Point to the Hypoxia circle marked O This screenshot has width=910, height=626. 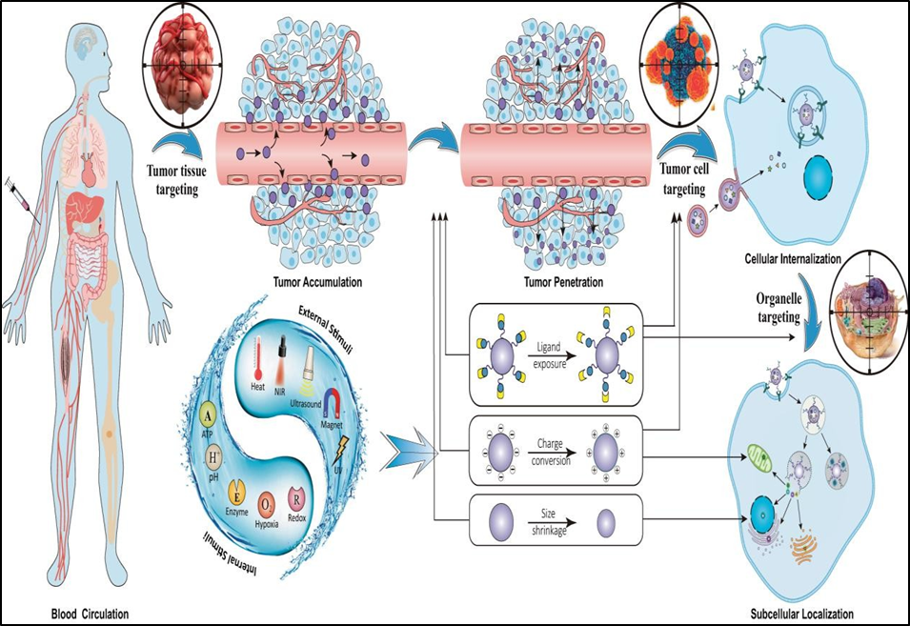(x=270, y=502)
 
